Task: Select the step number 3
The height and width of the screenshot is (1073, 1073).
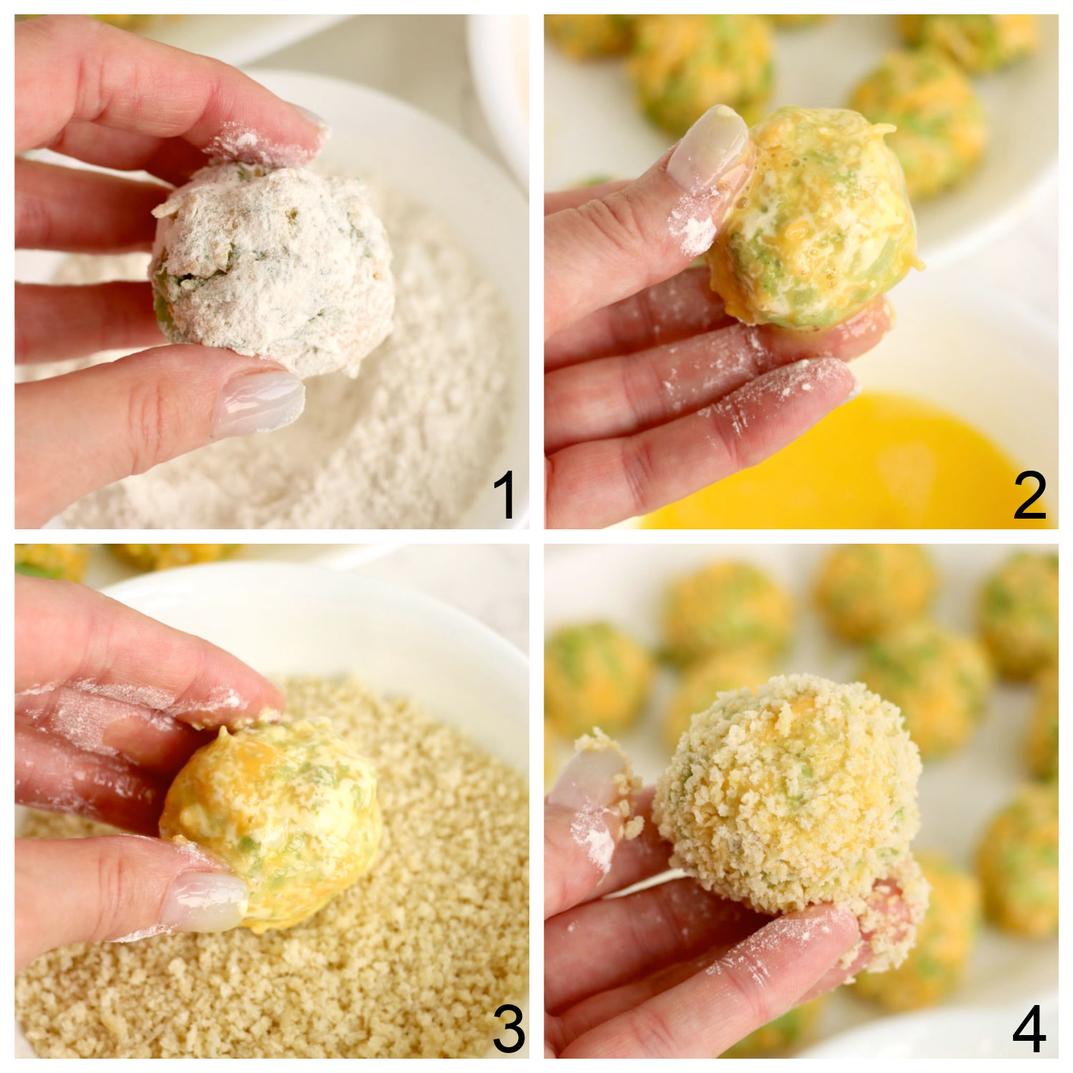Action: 508,1029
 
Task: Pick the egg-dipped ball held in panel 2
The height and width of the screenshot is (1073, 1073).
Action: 815,222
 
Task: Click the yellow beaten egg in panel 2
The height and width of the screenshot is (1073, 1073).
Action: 858,458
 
